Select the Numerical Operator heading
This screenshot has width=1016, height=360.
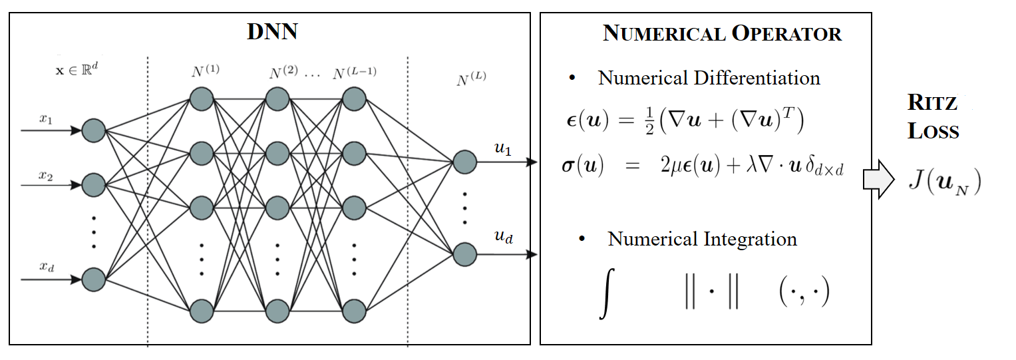pyautogui.click(x=722, y=33)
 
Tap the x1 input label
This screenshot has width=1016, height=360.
pyautogui.click(x=45, y=119)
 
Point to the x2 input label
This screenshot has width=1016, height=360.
pyautogui.click(x=45, y=175)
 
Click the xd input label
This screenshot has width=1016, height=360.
pyautogui.click(x=45, y=267)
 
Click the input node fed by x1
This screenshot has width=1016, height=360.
pyautogui.click(x=94, y=131)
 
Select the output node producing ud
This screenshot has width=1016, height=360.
pyautogui.click(x=464, y=254)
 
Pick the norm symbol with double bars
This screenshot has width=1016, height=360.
pyautogui.click(x=711, y=293)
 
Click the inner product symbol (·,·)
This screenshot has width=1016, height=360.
pyautogui.click(x=804, y=293)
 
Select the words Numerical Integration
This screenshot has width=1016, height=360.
pyautogui.click(x=702, y=239)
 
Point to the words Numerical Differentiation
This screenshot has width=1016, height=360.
pyautogui.click(x=709, y=78)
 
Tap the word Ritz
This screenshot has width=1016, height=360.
pyautogui.click(x=931, y=103)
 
